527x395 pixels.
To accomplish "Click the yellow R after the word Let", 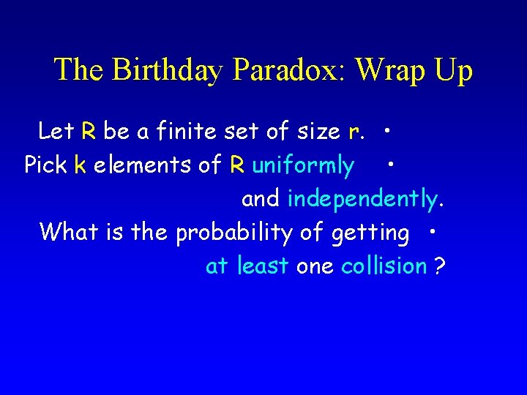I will point(89,132).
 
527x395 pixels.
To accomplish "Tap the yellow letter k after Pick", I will point(81,165).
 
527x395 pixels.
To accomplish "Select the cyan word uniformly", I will point(302,166).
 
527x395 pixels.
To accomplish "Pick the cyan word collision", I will point(384,266).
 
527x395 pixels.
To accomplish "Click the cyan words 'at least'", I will point(247,266).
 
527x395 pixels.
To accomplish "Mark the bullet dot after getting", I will point(433,230).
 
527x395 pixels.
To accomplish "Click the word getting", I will point(370,233).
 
